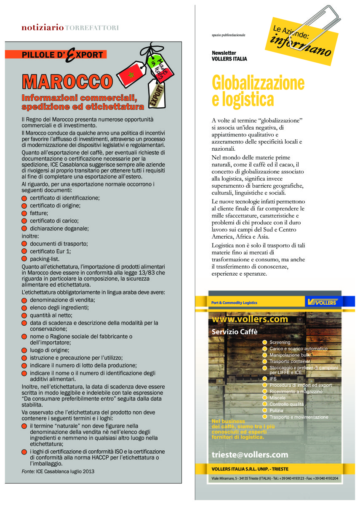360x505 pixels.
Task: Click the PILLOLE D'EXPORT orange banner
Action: pos(62,54)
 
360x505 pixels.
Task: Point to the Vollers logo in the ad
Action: pos(322,302)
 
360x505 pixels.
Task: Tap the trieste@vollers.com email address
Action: pos(250,454)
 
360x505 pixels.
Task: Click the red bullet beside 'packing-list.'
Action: pos(24,259)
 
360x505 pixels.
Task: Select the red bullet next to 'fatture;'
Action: pos(24,213)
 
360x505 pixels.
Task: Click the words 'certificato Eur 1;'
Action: pos(50,251)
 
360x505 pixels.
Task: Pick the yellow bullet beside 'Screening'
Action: pos(265,342)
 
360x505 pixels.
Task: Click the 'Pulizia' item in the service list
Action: pos(276,410)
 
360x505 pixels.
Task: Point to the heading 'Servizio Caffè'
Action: pos(234,332)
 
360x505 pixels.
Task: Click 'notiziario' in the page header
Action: pos(43,28)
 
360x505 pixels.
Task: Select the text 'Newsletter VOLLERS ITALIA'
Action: pos(229,56)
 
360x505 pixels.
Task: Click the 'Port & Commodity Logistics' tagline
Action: pos(234,303)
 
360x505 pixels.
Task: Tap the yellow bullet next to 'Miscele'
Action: pos(265,398)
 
